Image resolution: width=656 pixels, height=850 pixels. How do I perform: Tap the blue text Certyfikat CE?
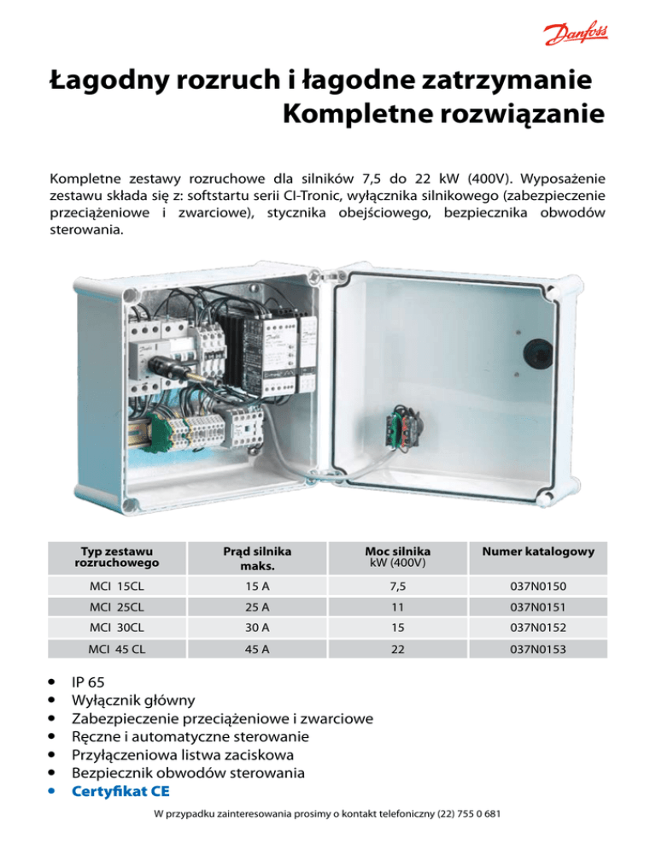(120, 791)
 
